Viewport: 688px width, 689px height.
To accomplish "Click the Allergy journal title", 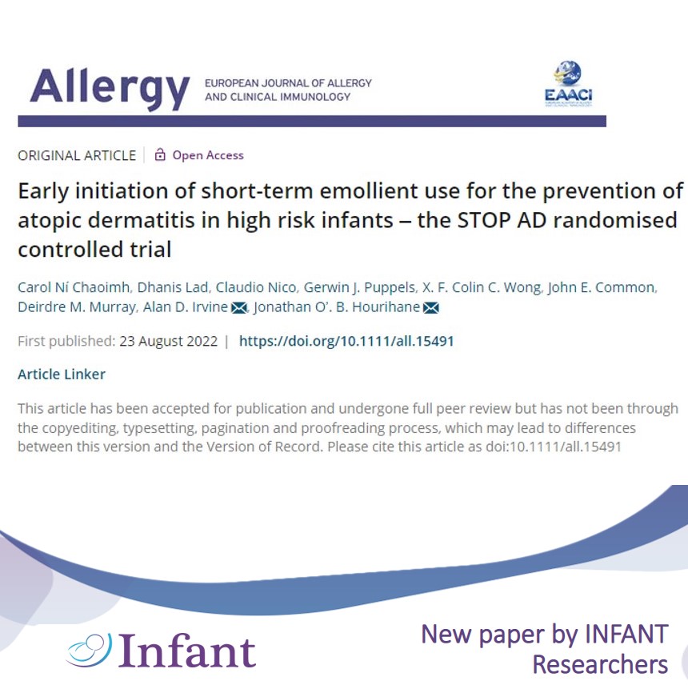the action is click(x=110, y=88).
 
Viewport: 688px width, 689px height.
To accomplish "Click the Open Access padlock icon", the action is click(x=160, y=154).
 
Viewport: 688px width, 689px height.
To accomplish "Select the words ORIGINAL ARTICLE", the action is click(x=77, y=155).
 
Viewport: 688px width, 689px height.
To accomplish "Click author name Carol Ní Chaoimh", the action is click(x=74, y=287).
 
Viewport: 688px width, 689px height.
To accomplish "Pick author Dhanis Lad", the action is click(x=173, y=287).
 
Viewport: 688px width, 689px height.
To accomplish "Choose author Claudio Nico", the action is click(x=256, y=287).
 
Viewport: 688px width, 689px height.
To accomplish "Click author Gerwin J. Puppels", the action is click(x=359, y=287).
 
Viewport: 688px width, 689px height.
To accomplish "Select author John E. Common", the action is click(x=602, y=287).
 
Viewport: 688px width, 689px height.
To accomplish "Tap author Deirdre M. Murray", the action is click(x=77, y=306).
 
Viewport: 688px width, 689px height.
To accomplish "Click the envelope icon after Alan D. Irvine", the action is click(x=239, y=308).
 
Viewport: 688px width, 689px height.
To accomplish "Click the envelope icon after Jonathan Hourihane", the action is click(x=431, y=308).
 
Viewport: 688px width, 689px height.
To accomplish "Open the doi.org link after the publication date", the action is click(x=346, y=341).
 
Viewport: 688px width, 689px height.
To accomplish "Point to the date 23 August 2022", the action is click(x=168, y=341).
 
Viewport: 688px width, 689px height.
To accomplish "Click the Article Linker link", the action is click(x=62, y=375).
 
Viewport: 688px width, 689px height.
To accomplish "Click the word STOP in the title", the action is click(x=483, y=220).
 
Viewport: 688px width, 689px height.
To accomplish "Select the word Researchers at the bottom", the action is click(x=600, y=664).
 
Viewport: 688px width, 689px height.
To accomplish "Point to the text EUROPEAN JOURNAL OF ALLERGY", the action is click(x=288, y=83).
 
